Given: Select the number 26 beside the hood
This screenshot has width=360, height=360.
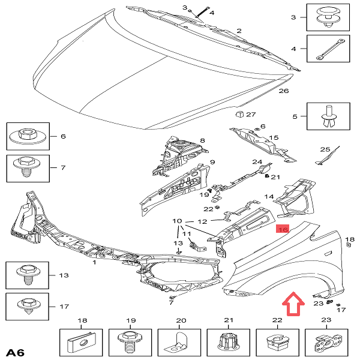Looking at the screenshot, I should tap(283, 91).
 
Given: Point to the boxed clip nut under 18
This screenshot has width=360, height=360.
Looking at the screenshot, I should tap(82, 344).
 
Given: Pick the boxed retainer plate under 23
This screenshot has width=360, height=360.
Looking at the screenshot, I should tap(326, 344).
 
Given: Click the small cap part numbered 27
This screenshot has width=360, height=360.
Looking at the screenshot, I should tap(238, 115).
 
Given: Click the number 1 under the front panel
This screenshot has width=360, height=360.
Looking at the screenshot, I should tap(94, 262).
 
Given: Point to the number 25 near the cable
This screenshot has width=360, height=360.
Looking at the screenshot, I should tap(325, 149).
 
